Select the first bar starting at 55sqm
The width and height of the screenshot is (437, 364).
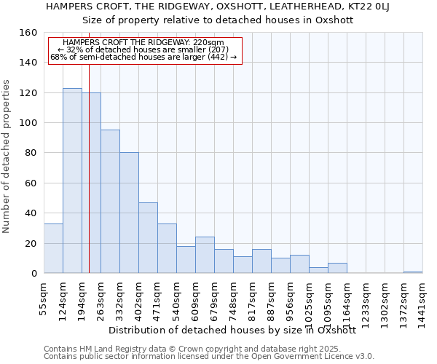[53, 248]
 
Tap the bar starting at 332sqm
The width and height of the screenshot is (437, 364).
[129, 213]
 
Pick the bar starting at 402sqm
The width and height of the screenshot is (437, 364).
[148, 237]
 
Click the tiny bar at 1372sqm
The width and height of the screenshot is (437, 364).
[413, 272]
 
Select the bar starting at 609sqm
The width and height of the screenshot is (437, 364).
[205, 255]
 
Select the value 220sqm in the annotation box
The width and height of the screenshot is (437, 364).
[208, 42]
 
